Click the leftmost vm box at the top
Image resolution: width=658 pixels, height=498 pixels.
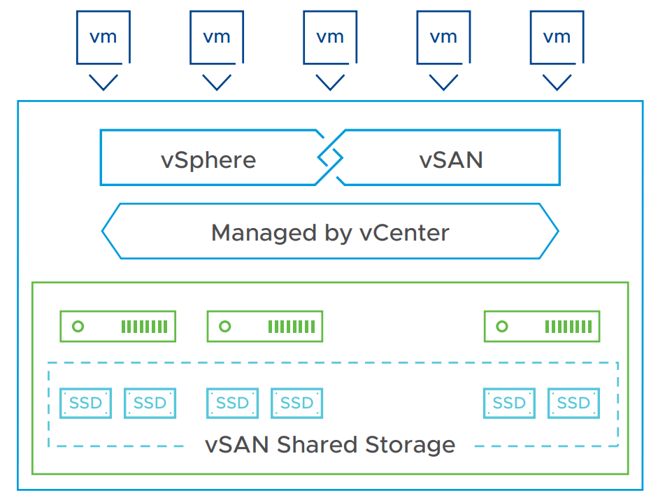pos(103,36)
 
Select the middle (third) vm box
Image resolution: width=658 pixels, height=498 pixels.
pos(330,36)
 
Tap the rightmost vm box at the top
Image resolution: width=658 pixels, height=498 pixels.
pos(557,36)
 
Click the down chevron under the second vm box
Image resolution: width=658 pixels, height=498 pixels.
pos(217,82)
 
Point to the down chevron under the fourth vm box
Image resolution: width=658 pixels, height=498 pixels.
pos(443,82)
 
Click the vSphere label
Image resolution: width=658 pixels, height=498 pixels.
pos(208,159)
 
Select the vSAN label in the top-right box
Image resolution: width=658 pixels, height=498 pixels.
pos(451,159)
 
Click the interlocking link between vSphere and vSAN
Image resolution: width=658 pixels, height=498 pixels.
pos(330,158)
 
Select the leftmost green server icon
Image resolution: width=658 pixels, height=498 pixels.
pos(117,327)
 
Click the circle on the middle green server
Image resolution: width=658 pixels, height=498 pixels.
pos(224,327)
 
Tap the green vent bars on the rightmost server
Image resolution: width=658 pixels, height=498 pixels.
pos(568,327)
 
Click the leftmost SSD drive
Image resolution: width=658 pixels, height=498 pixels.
pos(85,403)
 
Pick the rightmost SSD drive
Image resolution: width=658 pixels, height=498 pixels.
pos(573,403)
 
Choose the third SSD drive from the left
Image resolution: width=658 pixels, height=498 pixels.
pos(232,403)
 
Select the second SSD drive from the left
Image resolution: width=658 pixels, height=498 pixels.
pos(150,403)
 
